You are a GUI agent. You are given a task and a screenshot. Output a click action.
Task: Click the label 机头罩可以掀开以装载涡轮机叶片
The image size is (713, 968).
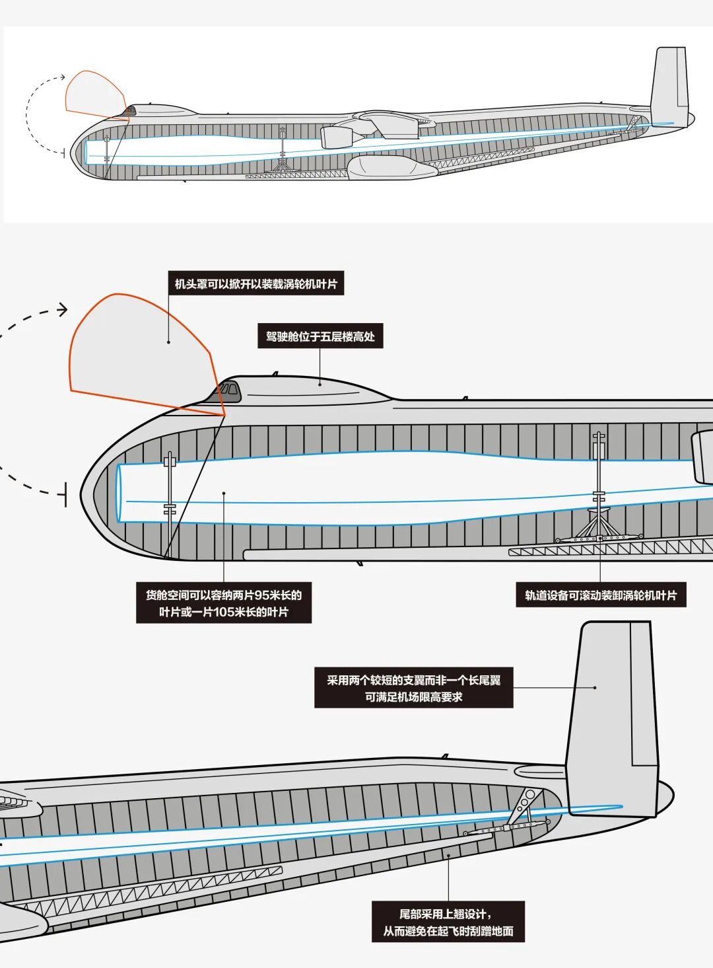click(x=255, y=284)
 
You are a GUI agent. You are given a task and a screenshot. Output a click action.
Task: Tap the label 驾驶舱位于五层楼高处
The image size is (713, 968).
click(x=320, y=336)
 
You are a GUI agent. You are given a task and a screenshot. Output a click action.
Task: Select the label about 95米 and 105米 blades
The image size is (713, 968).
click(x=224, y=603)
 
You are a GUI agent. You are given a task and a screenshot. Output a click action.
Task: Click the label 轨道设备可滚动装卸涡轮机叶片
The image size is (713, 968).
click(x=601, y=595)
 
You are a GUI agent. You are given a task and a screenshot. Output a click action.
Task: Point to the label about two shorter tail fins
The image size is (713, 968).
click(x=413, y=689)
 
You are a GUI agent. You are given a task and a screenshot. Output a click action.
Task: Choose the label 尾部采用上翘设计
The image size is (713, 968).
click(x=448, y=922)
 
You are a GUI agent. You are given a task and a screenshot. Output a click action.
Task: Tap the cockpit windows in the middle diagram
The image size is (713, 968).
click(x=228, y=390)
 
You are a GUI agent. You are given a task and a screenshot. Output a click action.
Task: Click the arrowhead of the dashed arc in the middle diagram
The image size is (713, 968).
click(x=63, y=309)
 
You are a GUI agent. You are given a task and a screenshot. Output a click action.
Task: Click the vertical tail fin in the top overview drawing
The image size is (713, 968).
click(x=669, y=83)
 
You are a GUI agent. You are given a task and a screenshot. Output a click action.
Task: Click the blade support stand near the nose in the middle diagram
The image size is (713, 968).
click(x=170, y=496)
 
